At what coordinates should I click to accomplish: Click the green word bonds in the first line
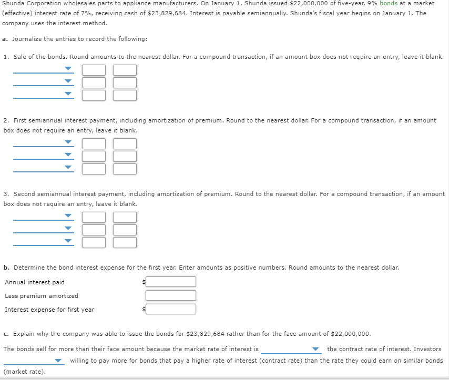point(389,4)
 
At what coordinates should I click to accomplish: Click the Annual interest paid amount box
point(171,282)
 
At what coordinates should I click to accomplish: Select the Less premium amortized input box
point(171,295)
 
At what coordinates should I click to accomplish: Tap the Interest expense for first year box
point(171,309)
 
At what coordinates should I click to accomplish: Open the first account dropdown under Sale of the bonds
point(44,69)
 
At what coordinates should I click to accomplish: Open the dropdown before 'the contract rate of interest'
point(291,349)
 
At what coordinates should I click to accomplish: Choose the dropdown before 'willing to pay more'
point(34,361)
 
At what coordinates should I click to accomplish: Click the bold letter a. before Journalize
point(5,39)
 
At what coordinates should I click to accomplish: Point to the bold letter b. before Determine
point(6,268)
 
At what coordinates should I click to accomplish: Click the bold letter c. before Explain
point(6,334)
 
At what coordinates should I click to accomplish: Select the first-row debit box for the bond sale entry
point(94,70)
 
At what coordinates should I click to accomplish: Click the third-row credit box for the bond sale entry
point(125,95)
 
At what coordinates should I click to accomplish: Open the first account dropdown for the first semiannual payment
point(44,142)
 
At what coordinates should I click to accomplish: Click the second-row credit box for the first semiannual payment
point(125,156)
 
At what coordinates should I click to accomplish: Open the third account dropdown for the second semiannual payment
point(44,241)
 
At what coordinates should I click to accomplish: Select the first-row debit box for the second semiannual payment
point(94,218)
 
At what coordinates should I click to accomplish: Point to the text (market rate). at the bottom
point(25,372)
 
